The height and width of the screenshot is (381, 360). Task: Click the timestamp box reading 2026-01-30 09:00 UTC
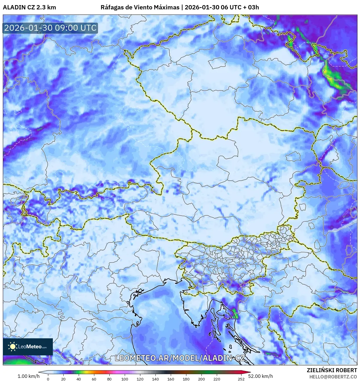[x=50, y=28]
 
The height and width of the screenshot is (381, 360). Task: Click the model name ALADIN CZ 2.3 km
[x=29, y=7]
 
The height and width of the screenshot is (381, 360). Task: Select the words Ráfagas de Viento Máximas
[x=140, y=7]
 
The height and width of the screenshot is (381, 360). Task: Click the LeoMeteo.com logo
[x=28, y=347]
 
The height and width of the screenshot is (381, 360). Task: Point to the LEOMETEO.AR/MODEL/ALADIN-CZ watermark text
[x=180, y=358]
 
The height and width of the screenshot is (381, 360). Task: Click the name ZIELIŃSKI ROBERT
[x=332, y=370]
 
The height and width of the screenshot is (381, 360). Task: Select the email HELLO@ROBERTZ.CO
[x=333, y=377]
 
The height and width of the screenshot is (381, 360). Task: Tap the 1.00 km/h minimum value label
[x=28, y=376]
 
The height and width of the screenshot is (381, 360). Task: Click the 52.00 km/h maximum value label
[x=260, y=376]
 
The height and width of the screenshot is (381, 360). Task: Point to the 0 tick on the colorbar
[x=48, y=379]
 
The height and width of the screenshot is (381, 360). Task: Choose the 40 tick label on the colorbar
[x=79, y=379]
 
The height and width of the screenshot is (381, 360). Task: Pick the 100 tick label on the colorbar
[x=124, y=379]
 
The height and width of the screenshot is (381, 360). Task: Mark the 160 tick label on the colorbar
[x=170, y=379]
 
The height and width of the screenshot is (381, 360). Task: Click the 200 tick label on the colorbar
[x=201, y=379]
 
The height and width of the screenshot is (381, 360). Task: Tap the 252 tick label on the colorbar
[x=241, y=379]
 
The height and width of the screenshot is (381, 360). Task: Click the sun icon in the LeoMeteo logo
[x=13, y=346]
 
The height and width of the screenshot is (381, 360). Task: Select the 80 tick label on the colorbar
[x=109, y=379]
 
